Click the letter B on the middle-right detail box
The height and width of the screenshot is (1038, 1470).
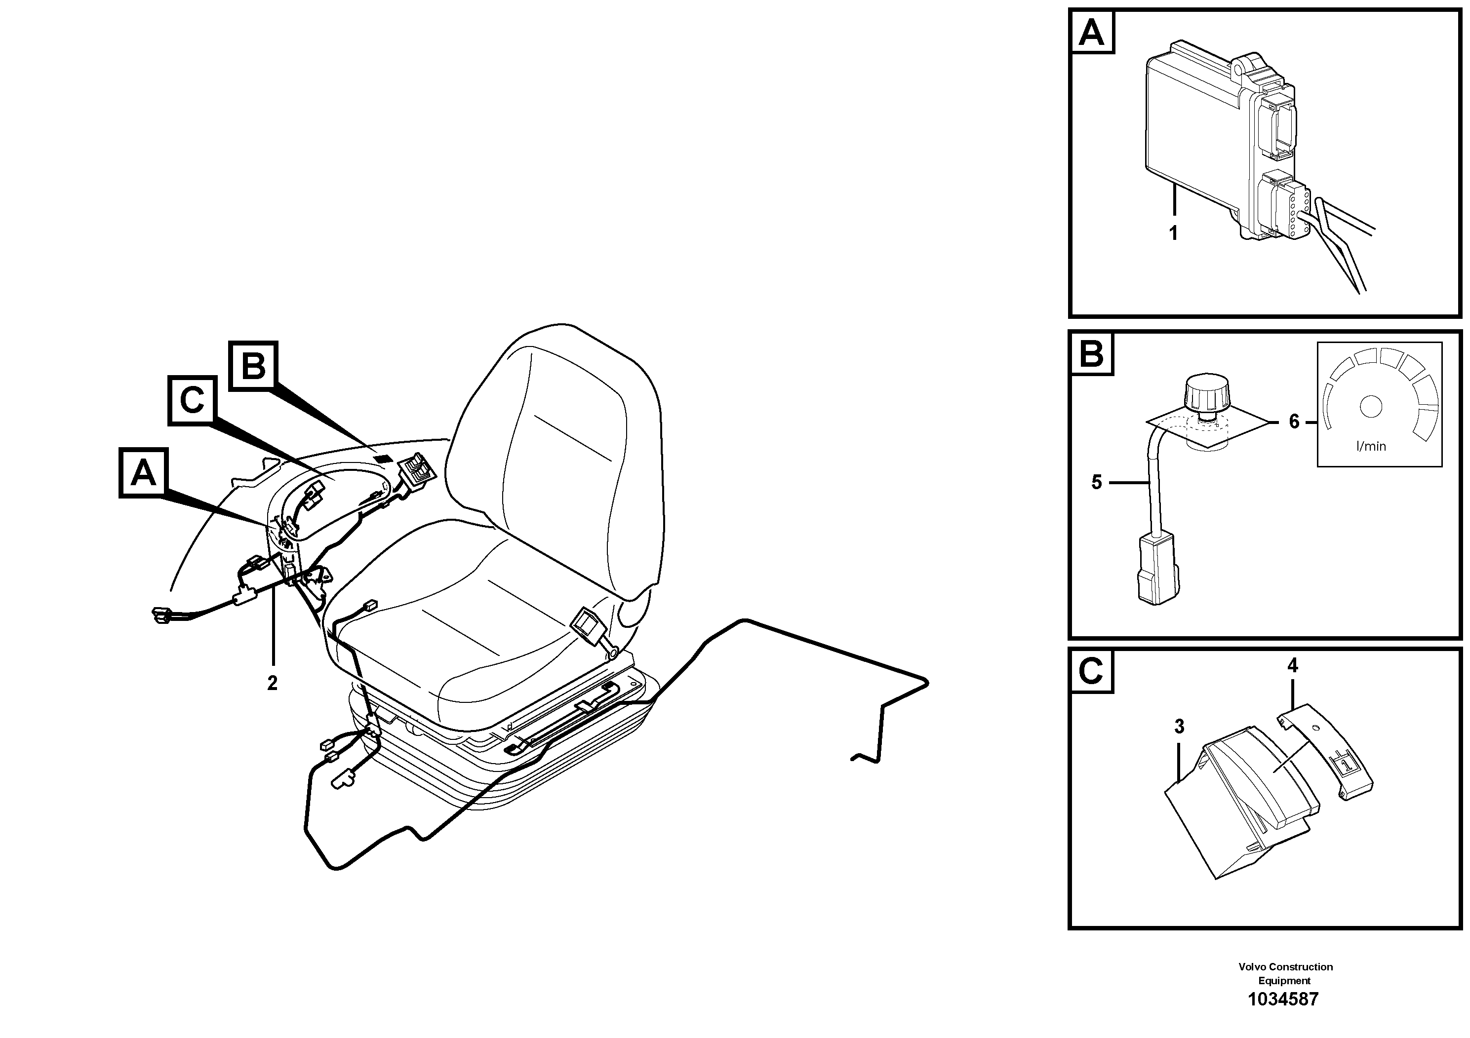tap(1092, 353)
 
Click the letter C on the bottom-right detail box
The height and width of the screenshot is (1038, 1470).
tap(1092, 672)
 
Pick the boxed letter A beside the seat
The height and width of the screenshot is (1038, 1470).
tap(143, 473)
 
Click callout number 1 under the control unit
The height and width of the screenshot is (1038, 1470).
tap(1174, 233)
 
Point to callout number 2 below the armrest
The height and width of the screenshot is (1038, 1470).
tap(273, 684)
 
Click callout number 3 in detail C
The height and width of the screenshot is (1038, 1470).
tap(1179, 727)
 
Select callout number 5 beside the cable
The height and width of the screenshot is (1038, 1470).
tap(1097, 482)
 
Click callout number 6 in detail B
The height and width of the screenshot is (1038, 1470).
tap(1294, 422)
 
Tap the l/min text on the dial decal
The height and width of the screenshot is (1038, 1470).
tap(1371, 446)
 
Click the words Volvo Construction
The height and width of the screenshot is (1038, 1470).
tap(1285, 966)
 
